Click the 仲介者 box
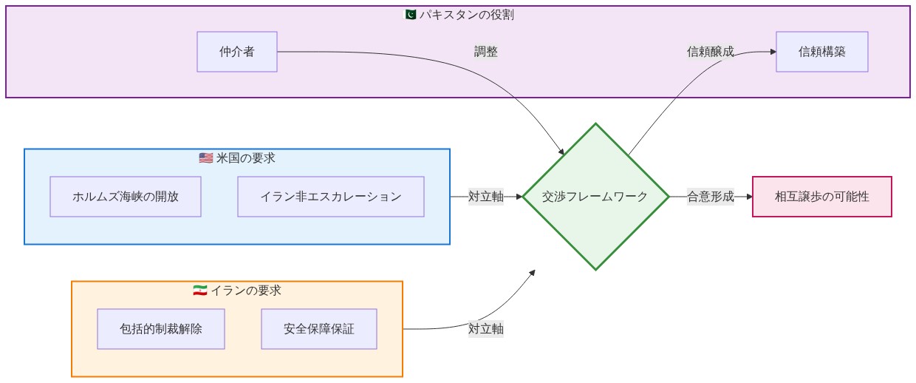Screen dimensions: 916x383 tap(237, 52)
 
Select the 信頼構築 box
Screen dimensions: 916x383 tap(822, 52)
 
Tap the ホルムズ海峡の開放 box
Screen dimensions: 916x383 tap(126, 197)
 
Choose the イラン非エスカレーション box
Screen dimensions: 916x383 tap(331, 197)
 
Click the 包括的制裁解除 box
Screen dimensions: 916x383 tap(161, 328)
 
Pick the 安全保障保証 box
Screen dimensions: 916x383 tap(319, 328)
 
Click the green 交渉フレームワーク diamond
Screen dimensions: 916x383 tap(595, 197)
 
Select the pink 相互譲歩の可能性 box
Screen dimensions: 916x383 tap(822, 197)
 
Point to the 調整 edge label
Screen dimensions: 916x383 tap(486, 52)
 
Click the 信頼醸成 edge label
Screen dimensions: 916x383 tap(711, 52)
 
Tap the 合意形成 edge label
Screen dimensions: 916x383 tap(711, 197)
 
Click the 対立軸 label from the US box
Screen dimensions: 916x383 tap(486, 197)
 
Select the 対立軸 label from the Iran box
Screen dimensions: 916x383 tap(486, 328)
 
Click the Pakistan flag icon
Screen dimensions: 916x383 tap(410, 15)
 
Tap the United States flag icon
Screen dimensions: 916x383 tap(205, 158)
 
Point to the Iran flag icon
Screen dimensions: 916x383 tap(200, 290)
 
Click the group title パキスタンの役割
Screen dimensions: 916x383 tap(467, 15)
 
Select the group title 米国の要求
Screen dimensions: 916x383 tap(246, 158)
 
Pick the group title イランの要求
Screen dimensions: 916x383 tap(246, 290)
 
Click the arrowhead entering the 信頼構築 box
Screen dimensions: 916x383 tap(773, 52)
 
